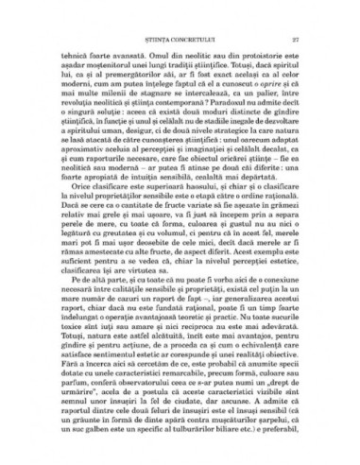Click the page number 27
(x=296, y=39)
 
